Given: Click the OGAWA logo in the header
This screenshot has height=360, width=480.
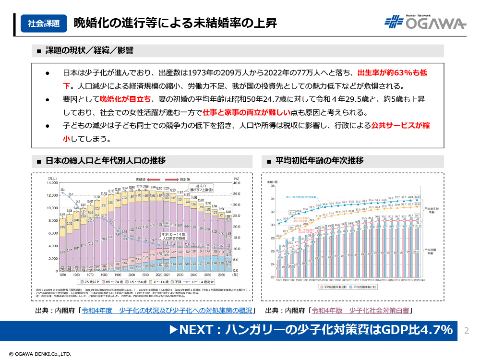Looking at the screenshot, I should [425, 23].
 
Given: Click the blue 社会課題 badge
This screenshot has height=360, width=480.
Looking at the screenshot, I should [43, 23].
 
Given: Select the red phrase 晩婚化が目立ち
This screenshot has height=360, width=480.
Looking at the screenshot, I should [125, 99].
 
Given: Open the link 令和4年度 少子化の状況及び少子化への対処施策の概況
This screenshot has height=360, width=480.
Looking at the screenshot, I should [167, 311].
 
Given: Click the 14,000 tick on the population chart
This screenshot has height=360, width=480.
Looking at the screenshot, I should [51, 183].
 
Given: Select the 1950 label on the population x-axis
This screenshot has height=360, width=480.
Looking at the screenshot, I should [62, 275].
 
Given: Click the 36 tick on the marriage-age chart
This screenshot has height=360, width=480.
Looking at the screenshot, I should [272, 186].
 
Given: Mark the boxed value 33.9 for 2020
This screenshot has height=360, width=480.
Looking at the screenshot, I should [417, 196].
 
